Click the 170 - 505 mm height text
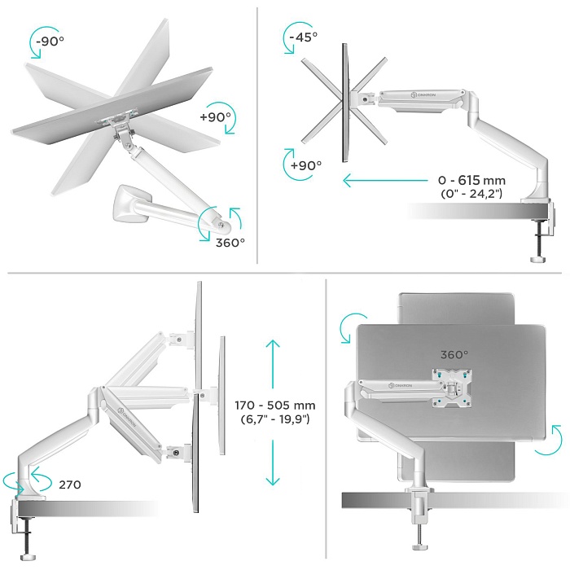click(x=274, y=405)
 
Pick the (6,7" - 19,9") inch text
click(x=274, y=419)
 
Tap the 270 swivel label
click(x=69, y=484)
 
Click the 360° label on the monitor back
click(x=453, y=354)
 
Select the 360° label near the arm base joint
click(x=230, y=242)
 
